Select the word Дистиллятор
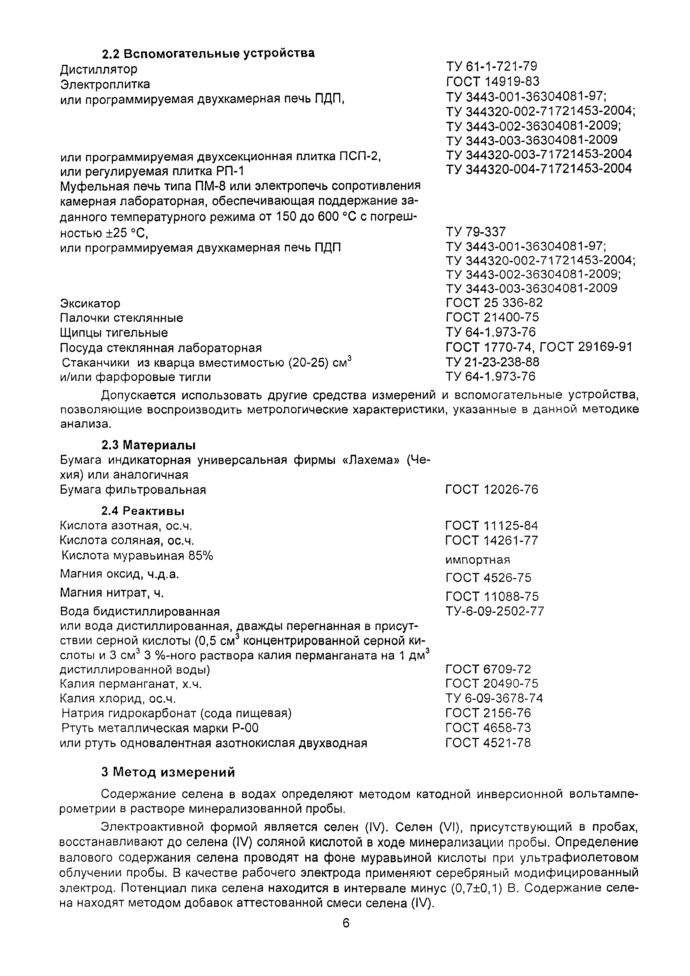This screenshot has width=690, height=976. (99, 69)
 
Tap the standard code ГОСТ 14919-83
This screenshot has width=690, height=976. (492, 81)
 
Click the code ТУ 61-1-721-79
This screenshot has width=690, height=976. (491, 66)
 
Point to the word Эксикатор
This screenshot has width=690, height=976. (90, 303)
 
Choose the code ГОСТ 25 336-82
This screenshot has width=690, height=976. (494, 303)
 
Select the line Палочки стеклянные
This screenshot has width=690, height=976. (122, 318)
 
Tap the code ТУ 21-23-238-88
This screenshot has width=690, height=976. (492, 362)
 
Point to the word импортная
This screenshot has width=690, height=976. (477, 560)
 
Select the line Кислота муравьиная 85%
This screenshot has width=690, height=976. (137, 556)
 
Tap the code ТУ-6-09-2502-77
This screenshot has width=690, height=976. (494, 611)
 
